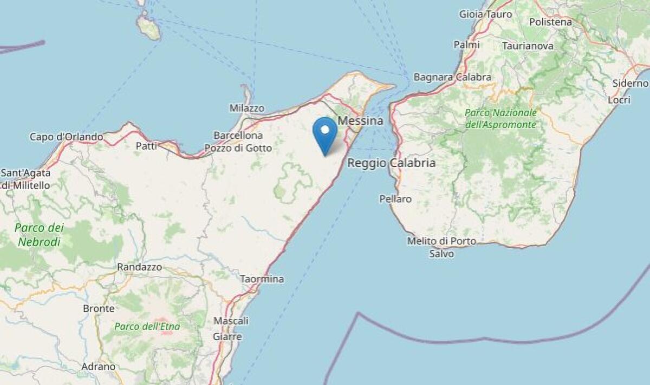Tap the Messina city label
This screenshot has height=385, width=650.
click(x=360, y=121)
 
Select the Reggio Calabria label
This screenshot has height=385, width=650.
click(x=391, y=163)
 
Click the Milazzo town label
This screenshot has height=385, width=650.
click(x=246, y=108)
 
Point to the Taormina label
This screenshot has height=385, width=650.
click(x=262, y=279)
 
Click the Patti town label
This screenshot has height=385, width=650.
click(x=146, y=145)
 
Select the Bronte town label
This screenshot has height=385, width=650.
click(x=99, y=309)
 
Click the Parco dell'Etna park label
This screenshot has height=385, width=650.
click(x=147, y=326)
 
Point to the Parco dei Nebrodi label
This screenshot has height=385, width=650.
click(x=39, y=235)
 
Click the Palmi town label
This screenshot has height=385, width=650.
click(x=466, y=45)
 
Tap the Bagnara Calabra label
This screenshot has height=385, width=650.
click(x=452, y=78)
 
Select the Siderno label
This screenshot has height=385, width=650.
click(x=630, y=83)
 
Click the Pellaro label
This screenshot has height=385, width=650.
click(x=395, y=199)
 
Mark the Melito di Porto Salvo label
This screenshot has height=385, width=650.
click(x=442, y=247)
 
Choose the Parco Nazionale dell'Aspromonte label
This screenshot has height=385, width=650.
click(x=501, y=119)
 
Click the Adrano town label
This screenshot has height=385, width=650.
click(x=98, y=367)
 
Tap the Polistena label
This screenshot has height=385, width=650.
click(x=550, y=22)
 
